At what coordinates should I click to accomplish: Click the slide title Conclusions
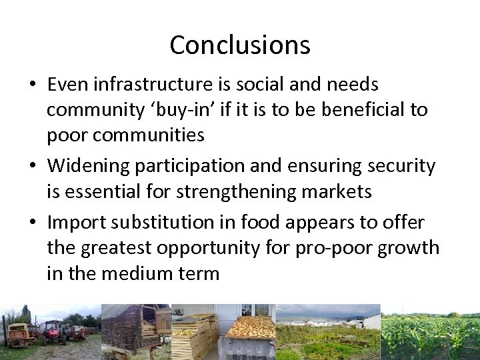pyautogui.click(x=240, y=45)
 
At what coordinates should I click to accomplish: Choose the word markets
pyautogui.click(x=338, y=192)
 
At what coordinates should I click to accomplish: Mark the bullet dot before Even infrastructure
pyautogui.click(x=33, y=85)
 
